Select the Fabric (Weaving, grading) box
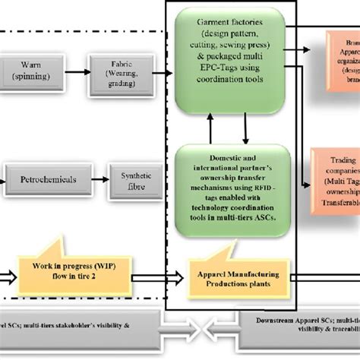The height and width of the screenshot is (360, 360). pos(113,73)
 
